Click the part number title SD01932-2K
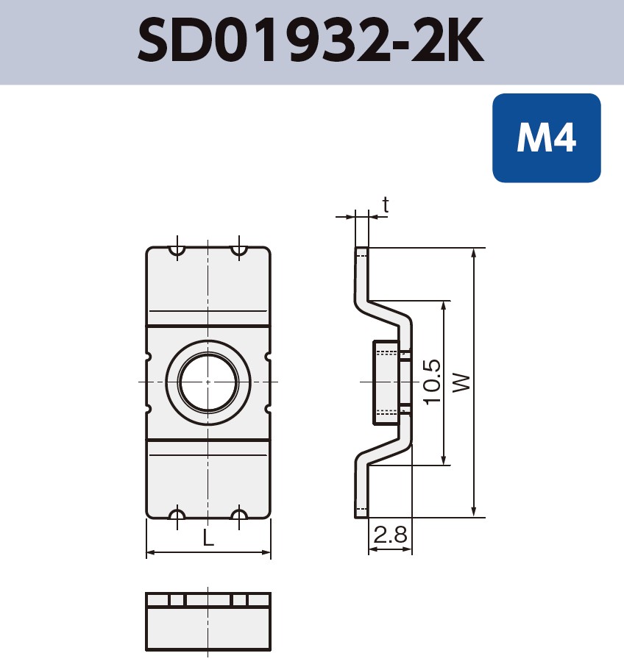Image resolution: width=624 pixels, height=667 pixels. [311, 42]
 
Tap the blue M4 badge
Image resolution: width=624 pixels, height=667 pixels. [546, 138]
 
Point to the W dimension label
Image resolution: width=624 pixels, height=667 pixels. [461, 382]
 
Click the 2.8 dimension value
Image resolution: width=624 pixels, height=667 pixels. [390, 535]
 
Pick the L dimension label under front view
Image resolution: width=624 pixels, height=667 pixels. [208, 538]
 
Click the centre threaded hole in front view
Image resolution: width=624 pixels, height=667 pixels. [208, 382]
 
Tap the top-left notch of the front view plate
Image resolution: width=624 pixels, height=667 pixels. [177, 251]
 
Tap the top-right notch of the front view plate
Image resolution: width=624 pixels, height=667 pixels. [239, 251]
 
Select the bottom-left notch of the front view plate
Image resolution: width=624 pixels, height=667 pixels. [177, 514]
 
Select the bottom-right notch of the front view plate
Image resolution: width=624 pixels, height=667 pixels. [239, 514]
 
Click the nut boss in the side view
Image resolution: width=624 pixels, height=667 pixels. [386, 382]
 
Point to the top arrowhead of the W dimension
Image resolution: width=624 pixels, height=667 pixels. [475, 253]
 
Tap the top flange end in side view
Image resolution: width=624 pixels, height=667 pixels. [361, 257]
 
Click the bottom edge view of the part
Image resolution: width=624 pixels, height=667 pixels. [208, 621]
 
